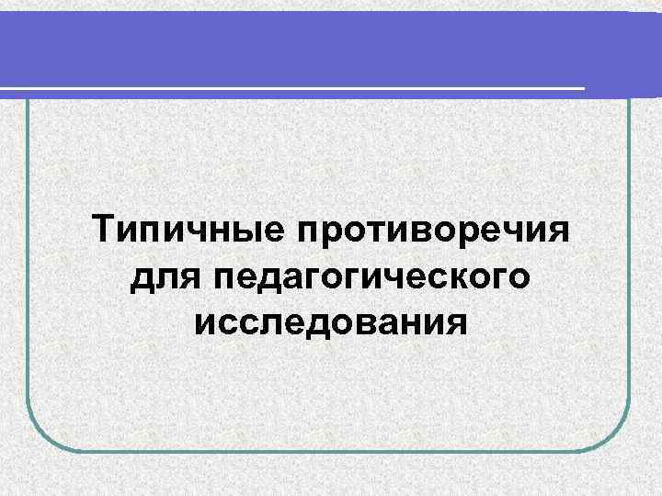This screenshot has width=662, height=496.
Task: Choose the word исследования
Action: pos(332,321)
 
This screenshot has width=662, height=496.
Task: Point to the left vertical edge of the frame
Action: pos(28,276)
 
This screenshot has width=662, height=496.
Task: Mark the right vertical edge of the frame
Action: pos(631,276)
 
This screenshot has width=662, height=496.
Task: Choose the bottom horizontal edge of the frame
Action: pos(331,450)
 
